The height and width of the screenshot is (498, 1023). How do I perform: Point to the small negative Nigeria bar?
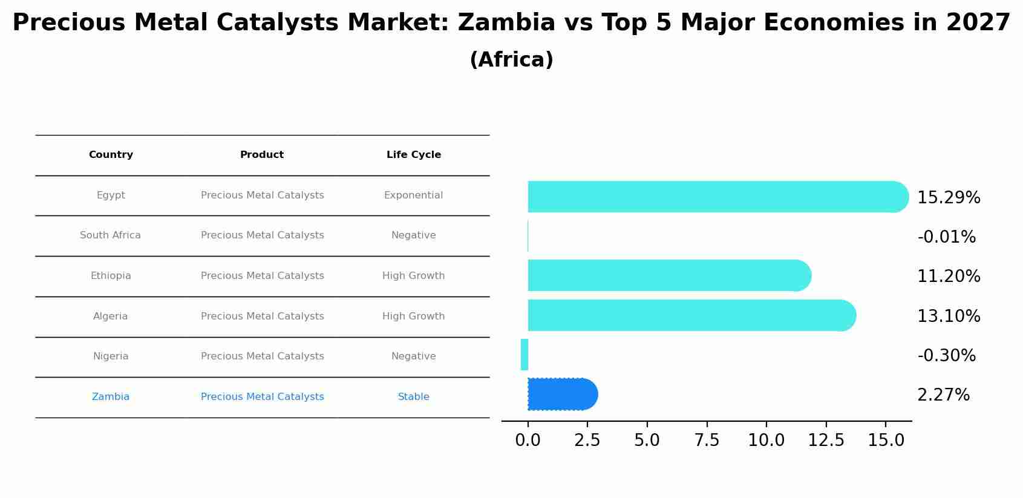(x=525, y=355)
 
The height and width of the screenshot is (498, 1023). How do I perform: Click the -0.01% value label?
(x=946, y=237)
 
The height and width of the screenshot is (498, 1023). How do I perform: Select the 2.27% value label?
(x=943, y=395)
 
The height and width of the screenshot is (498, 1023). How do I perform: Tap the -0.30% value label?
(x=946, y=356)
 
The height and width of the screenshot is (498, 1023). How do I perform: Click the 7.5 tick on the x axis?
(x=707, y=441)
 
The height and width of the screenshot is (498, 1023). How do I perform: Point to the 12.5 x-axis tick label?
(x=826, y=441)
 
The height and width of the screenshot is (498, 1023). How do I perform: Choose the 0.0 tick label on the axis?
(x=528, y=441)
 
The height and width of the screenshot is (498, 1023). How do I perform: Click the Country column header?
(x=111, y=155)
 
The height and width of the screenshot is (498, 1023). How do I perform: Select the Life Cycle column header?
(x=414, y=155)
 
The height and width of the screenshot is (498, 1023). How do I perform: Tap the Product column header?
(x=262, y=155)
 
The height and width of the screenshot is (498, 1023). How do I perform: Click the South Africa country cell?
(x=110, y=235)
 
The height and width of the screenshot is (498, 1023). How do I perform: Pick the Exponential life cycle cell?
(x=413, y=195)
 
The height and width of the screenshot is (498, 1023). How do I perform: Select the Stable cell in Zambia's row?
(x=413, y=397)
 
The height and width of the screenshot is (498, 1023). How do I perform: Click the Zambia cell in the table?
(x=111, y=397)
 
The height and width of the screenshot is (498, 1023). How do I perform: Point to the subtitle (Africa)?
(x=511, y=60)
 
